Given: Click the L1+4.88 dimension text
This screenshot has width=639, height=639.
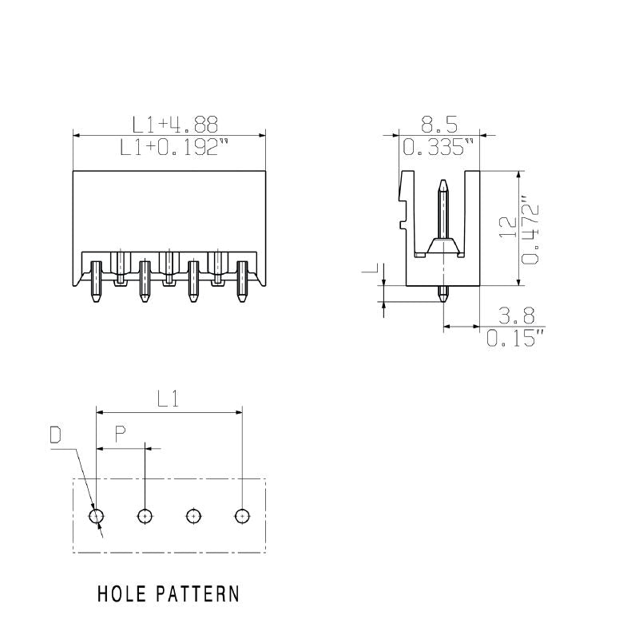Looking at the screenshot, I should (x=175, y=124).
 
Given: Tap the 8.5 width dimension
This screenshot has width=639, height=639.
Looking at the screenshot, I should (x=439, y=124).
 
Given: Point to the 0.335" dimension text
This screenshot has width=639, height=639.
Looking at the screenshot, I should (x=439, y=147).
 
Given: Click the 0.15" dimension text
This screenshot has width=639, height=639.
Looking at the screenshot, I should (x=516, y=338).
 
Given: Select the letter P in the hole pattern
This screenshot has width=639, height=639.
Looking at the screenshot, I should (x=120, y=435).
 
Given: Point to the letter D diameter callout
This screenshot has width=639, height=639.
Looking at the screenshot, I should (x=56, y=435).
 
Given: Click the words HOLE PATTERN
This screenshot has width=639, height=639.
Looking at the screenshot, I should (x=168, y=594).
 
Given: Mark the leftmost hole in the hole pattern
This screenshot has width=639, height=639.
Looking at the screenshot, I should (x=96, y=516).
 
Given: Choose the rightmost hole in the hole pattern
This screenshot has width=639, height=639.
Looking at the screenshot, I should (x=242, y=516).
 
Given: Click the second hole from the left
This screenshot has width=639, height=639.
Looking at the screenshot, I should (x=145, y=516).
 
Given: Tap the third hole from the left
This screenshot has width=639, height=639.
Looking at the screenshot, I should (x=193, y=516).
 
